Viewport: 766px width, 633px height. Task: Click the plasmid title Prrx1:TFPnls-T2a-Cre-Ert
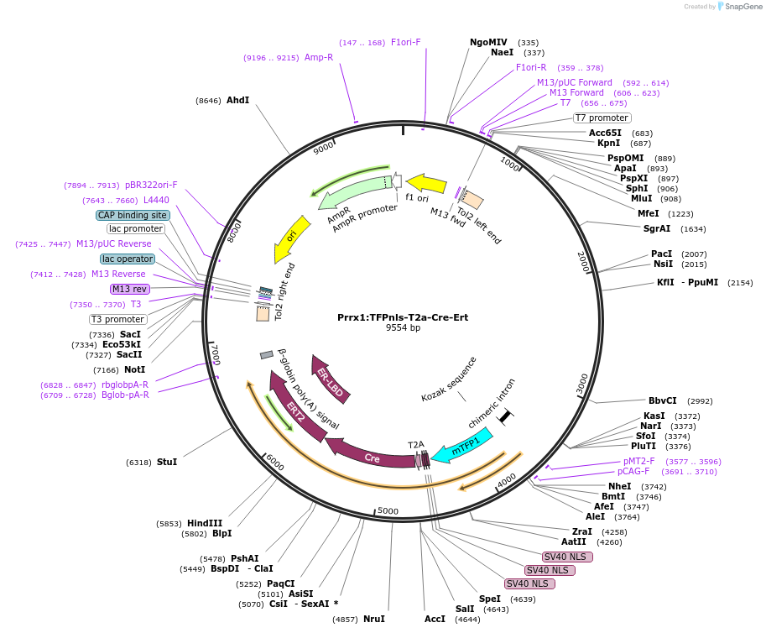[x=404, y=317]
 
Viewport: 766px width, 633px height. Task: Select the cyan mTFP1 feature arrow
[x=461, y=445]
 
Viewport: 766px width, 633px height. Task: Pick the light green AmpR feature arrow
[x=352, y=193]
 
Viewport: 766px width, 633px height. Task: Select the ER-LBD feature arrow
[x=331, y=378]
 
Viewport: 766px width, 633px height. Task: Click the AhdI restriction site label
[x=237, y=100]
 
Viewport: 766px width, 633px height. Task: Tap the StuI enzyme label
[x=167, y=462]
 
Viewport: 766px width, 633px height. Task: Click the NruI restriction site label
[x=374, y=619]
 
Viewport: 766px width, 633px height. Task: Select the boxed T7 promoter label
[x=602, y=118]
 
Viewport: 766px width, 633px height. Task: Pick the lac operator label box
[x=127, y=259]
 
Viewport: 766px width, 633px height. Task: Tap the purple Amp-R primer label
[x=318, y=57]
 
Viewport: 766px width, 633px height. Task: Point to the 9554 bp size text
[x=403, y=328]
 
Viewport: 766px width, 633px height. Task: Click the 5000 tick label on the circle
[x=387, y=510]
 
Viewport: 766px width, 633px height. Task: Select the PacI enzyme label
[x=662, y=254]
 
